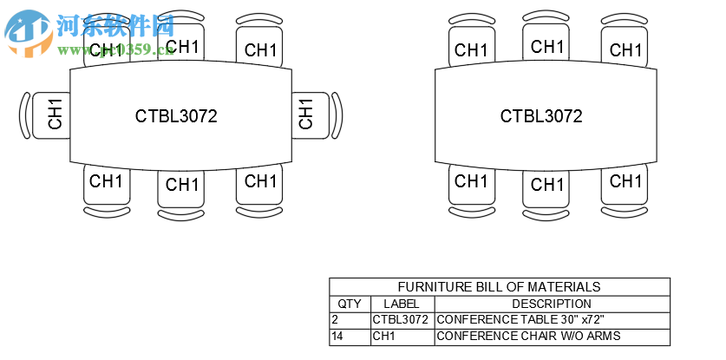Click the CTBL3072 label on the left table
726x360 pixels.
pyautogui.click(x=176, y=115)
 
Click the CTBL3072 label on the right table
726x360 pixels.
pyautogui.click(x=541, y=115)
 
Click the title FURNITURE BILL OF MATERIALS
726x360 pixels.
pyautogui.click(x=499, y=287)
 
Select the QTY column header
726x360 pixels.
pyautogui.click(x=350, y=304)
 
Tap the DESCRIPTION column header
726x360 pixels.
pyautogui.click(x=552, y=304)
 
